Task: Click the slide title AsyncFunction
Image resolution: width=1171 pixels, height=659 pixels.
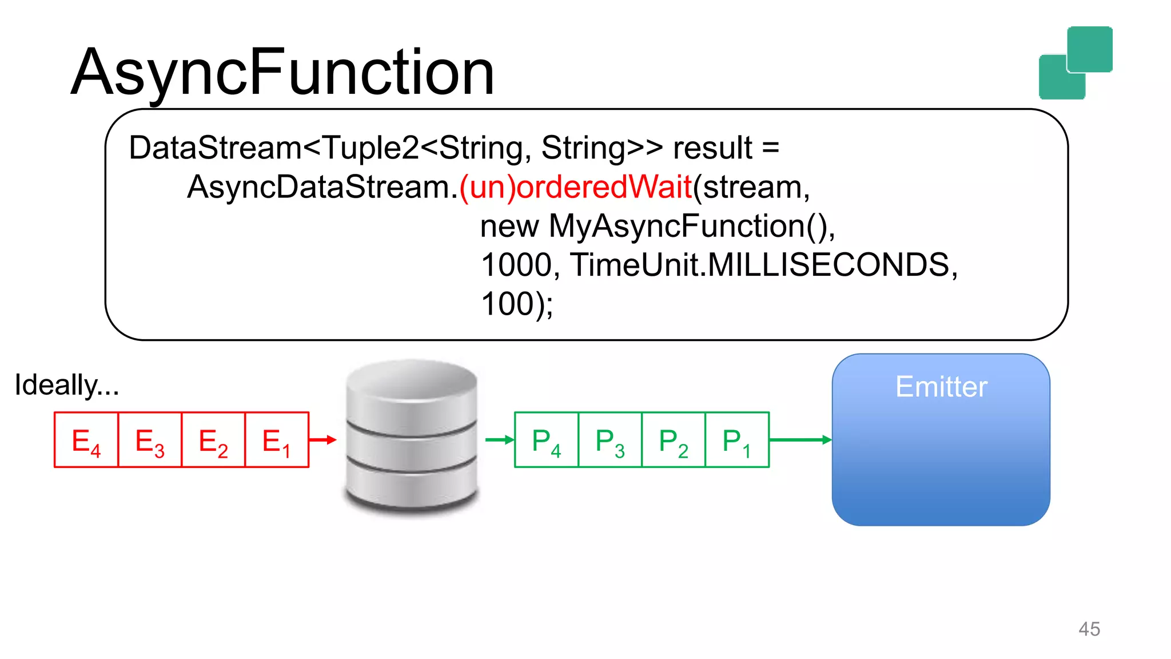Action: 282,73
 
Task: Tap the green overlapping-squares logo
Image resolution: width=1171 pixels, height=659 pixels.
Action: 1076,63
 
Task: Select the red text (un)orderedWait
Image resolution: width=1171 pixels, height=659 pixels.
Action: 576,187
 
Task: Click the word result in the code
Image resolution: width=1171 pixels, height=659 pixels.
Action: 712,148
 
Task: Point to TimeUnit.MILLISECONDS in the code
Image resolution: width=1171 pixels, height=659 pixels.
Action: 763,265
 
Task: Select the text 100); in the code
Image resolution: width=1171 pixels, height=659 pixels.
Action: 516,304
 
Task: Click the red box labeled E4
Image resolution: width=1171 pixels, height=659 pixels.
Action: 86,440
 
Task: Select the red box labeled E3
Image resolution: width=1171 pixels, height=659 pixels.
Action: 150,440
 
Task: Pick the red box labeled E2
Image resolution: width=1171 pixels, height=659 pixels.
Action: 213,440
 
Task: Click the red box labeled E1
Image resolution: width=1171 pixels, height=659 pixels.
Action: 277,440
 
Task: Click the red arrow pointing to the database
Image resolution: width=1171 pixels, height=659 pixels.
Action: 323,440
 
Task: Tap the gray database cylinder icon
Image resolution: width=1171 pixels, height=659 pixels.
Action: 412,438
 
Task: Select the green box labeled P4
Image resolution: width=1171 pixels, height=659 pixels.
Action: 547,440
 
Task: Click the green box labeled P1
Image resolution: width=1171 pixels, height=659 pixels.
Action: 737,440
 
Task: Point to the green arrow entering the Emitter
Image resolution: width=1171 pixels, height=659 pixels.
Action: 800,440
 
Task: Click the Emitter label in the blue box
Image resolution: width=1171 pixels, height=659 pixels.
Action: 941,387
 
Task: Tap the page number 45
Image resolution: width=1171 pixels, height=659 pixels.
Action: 1089,629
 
